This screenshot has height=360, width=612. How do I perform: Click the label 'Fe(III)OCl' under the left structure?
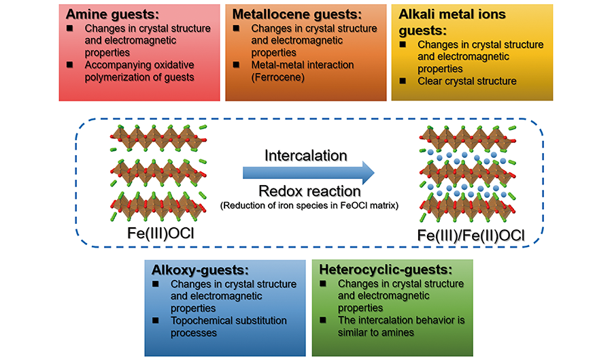pyautogui.click(x=158, y=233)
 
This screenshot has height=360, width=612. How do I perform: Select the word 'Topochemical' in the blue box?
pyautogui.click(x=201, y=321)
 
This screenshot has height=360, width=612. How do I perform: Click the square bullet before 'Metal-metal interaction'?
pyautogui.click(x=236, y=65)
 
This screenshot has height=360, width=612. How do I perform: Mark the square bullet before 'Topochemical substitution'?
pyautogui.click(x=156, y=320)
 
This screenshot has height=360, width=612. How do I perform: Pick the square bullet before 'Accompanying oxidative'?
pyautogui.click(x=70, y=65)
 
